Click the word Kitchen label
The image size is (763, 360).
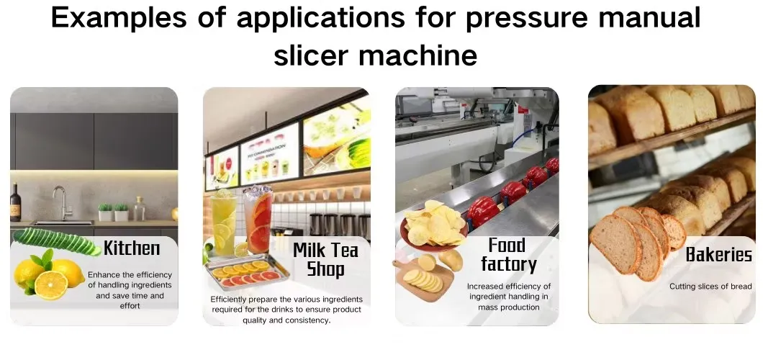[132, 248]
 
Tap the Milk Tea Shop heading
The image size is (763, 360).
[325, 259]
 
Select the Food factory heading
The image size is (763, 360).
[508, 254]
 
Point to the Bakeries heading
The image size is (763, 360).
[718, 254]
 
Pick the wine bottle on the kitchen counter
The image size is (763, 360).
[16, 203]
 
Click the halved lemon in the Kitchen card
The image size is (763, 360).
[50, 285]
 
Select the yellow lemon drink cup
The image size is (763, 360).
[224, 224]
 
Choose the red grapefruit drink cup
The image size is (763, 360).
[258, 221]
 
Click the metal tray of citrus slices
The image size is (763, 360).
[247, 272]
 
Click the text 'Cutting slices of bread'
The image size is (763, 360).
[710, 287]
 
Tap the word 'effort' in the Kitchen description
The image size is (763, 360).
[130, 306]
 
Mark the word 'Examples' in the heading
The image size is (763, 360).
[119, 17]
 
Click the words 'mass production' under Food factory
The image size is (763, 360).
[508, 307]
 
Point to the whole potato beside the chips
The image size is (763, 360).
[451, 260]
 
